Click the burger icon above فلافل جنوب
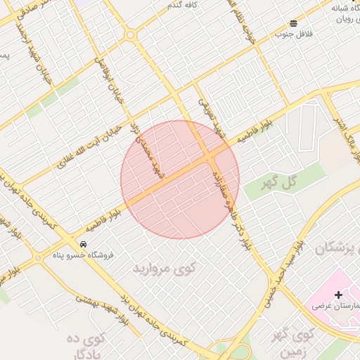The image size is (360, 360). pos(292,23)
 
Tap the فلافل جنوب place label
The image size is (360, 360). pos(292,34)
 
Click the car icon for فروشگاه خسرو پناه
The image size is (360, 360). pos(84,244)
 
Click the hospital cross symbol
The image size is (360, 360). pos(338,295)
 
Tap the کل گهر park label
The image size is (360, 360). pos(294,182)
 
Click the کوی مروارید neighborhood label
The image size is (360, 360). pos(165,268)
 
